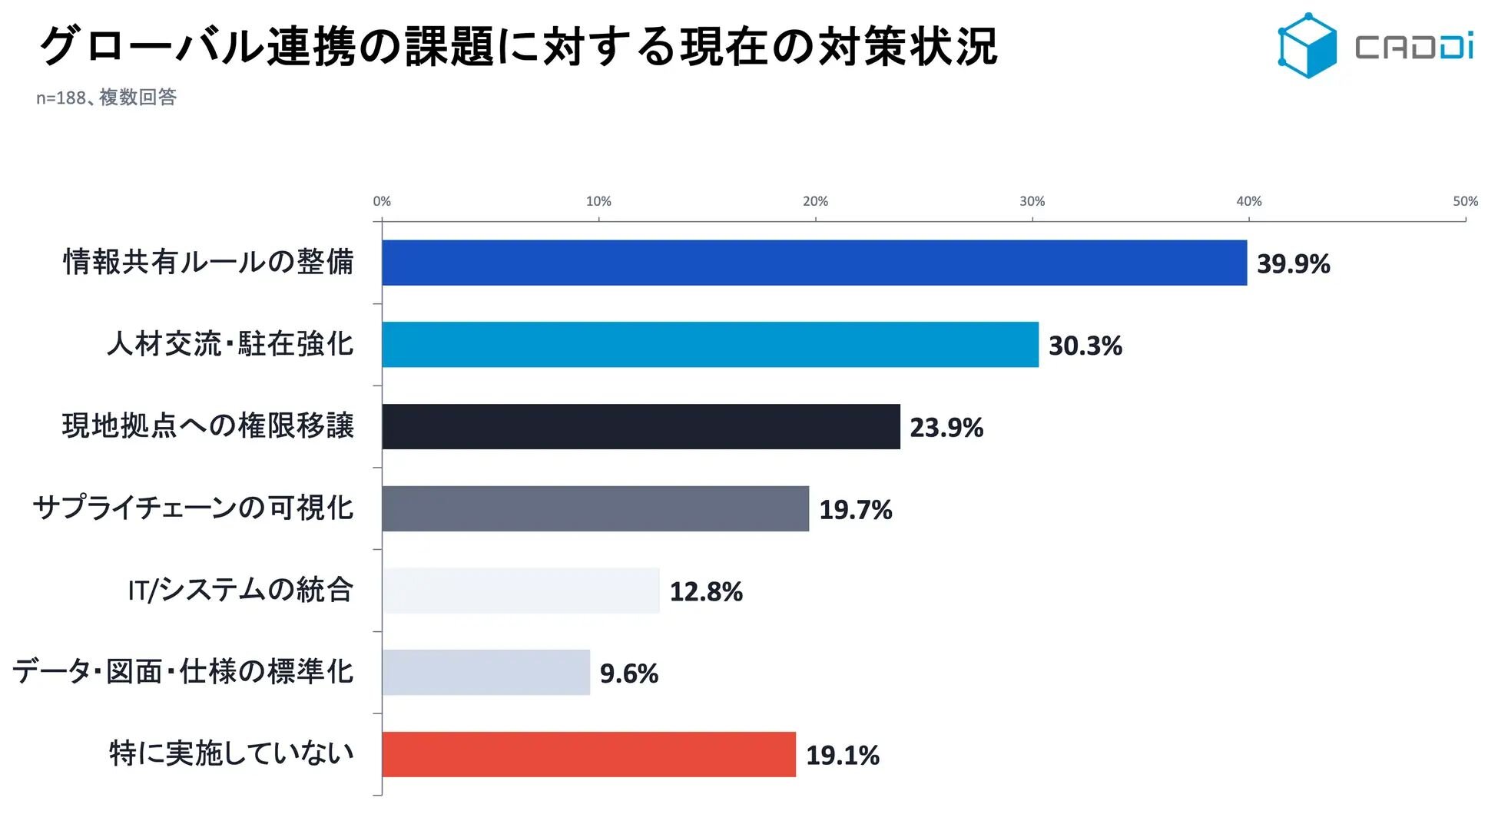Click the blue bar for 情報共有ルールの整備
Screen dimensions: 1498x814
[x=814, y=263]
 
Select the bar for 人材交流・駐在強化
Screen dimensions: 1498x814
[x=711, y=345]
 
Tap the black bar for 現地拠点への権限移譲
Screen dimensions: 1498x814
[x=641, y=427]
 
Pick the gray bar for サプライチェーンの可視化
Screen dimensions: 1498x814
[x=595, y=508]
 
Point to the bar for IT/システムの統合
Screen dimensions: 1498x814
[x=521, y=591]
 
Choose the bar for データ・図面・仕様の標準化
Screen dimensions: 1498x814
[x=486, y=673]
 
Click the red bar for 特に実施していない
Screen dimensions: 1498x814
[x=589, y=754]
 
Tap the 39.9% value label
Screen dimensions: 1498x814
[x=1293, y=264]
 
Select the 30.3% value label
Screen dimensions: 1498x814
[x=1085, y=346]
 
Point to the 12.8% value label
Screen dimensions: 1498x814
[x=706, y=592]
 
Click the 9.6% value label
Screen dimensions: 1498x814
[x=628, y=673]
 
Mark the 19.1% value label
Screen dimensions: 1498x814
[x=842, y=756]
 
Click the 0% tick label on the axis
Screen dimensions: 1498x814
[x=382, y=201]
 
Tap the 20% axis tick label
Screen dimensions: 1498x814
[x=815, y=201]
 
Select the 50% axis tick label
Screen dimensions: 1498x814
[x=1465, y=201]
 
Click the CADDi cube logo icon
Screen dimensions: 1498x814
[x=1307, y=45]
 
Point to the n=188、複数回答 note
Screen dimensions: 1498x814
[x=106, y=98]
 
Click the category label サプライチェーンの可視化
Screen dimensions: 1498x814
[x=193, y=508]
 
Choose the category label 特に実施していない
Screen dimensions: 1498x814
[x=231, y=753]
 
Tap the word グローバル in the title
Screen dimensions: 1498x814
[x=151, y=46]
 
